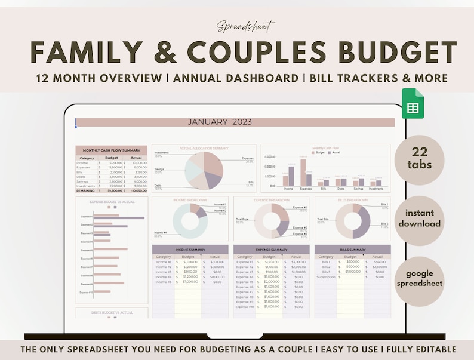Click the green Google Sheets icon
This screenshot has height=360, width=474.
coord(413,103)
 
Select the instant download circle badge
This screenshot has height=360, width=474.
coord(419,219)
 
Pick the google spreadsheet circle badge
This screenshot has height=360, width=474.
coord(419,278)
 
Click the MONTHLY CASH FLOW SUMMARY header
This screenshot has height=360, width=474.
coord(112,150)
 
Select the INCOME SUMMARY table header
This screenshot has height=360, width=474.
coord(190,250)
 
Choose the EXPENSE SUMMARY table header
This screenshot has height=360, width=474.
coord(271,250)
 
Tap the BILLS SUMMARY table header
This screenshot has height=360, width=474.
coord(352,250)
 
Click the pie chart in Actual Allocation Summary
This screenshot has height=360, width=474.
coord(204,171)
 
